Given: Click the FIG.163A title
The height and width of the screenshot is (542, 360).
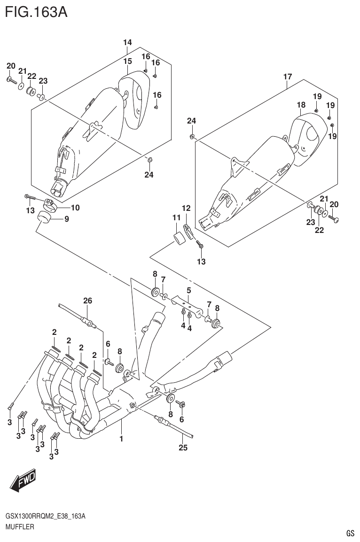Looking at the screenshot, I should [x=36, y=11].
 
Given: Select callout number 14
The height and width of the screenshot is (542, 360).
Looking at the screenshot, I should [x=127, y=43].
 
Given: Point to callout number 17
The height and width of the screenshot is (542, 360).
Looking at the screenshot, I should [x=288, y=77].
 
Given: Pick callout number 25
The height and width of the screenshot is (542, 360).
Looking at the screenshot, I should [x=183, y=448].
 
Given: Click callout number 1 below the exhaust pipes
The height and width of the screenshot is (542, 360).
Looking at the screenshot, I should [x=121, y=439].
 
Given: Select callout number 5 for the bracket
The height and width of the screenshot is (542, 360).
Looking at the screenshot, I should [x=188, y=291].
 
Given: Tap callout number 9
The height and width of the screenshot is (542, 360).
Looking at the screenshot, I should [x=67, y=218].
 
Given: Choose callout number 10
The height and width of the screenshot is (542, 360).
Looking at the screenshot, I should [x=75, y=208].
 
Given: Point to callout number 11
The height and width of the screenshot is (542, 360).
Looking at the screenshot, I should [x=176, y=217].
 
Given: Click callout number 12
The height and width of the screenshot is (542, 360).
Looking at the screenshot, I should [x=186, y=208].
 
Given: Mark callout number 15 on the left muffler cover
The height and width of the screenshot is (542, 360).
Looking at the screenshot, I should [x=127, y=62].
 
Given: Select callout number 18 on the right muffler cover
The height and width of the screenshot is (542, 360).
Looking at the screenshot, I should [x=301, y=105].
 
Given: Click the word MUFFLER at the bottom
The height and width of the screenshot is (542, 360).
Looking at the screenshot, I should [x=19, y=527].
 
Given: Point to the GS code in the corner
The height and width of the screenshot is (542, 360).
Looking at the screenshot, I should [x=350, y=533].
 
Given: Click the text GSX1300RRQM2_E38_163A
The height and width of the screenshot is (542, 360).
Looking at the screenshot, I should [x=45, y=516].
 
